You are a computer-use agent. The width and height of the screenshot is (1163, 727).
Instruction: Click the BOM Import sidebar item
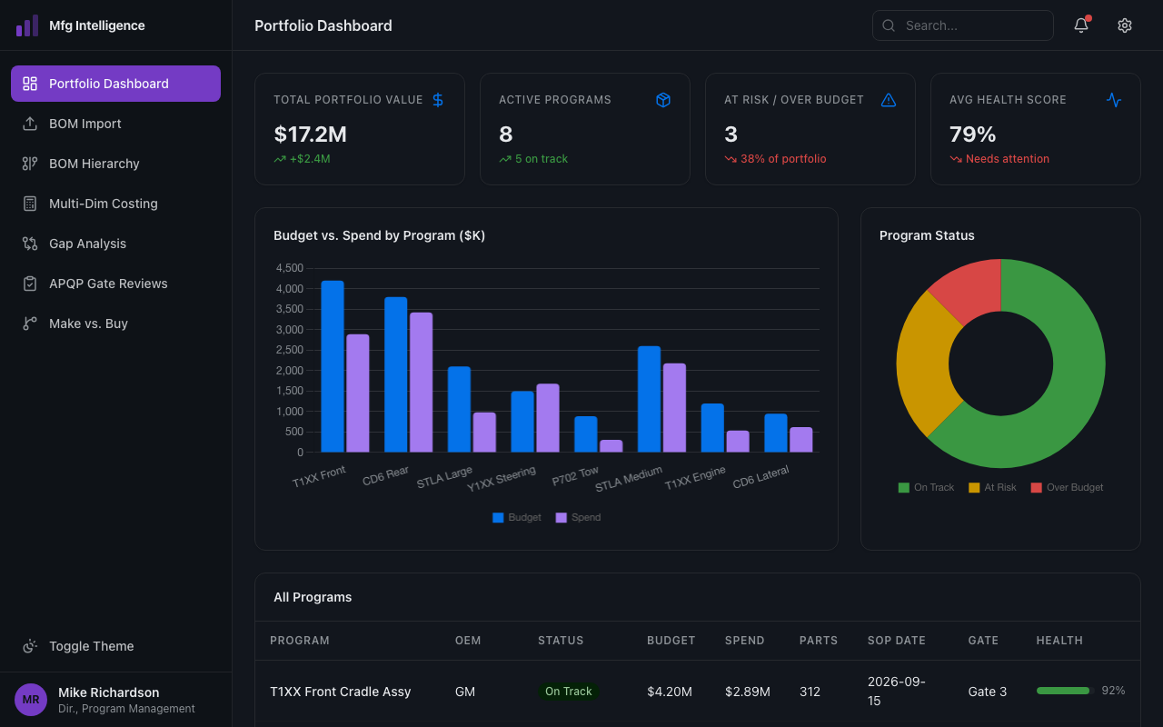coord(85,124)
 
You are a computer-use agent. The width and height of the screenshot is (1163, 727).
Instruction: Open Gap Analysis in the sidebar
coord(87,244)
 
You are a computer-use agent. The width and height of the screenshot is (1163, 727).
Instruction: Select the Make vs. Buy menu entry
coord(88,324)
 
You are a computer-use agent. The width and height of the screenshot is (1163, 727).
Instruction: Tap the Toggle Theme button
coord(91,646)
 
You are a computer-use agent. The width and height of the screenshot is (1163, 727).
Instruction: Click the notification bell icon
coord(1081,25)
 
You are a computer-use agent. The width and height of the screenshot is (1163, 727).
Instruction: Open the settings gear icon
coord(1125,25)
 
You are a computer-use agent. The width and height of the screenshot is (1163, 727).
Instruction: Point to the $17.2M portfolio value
coord(310,134)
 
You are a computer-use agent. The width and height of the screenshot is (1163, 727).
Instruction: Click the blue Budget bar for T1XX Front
coord(333,366)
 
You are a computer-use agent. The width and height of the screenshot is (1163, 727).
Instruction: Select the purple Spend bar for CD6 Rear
coord(421,382)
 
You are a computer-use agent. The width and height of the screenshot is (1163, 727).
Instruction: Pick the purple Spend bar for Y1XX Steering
coord(548,418)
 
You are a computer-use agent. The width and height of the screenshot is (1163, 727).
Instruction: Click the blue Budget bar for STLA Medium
coord(649,399)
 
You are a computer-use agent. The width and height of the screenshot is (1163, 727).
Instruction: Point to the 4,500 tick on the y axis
coord(289,268)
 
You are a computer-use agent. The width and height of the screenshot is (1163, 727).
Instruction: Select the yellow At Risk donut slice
coord(924,363)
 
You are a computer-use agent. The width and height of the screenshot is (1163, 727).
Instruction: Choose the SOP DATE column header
coord(896,641)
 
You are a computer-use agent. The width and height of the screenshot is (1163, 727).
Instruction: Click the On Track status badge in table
coord(568,692)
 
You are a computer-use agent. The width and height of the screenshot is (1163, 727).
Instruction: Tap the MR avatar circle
coord(31,700)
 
